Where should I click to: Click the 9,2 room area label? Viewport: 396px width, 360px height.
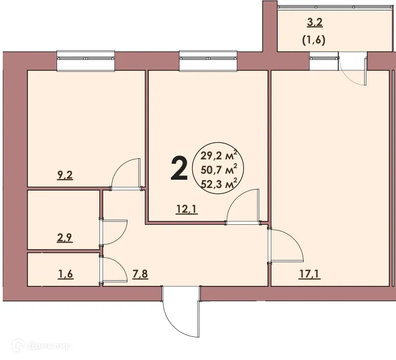[65, 176]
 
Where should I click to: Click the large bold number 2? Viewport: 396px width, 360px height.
[179, 168]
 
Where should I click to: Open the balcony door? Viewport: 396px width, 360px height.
[353, 69]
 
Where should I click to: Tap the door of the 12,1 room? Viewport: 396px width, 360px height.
[242, 207]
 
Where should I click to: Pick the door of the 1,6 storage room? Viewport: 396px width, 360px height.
[114, 270]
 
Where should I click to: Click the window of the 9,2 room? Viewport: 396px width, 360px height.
[86, 61]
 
